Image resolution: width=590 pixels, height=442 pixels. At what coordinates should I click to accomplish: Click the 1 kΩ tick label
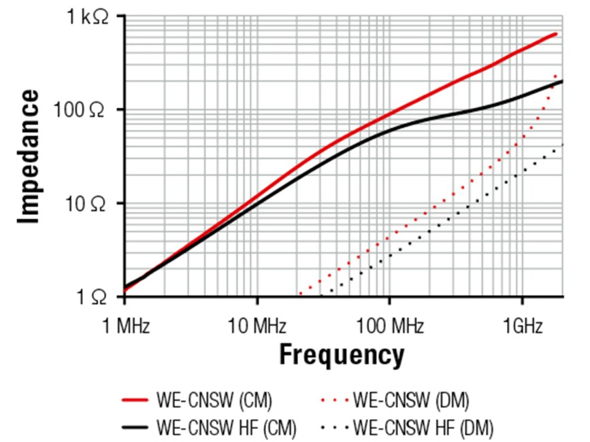click(x=88, y=17)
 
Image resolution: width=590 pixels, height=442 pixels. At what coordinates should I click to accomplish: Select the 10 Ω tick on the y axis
click(x=89, y=204)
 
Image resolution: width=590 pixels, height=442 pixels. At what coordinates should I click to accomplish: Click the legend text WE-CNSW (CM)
click(x=214, y=401)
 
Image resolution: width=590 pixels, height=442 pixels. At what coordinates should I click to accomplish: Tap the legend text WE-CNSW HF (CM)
click(x=224, y=429)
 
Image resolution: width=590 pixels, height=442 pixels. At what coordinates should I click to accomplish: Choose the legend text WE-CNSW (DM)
click(x=411, y=401)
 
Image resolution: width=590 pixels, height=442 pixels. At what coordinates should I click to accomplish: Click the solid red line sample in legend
click(x=135, y=401)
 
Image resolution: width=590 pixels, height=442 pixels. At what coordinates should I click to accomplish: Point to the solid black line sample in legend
click(x=135, y=429)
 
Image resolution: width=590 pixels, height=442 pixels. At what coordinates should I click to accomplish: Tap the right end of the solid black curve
click(x=562, y=82)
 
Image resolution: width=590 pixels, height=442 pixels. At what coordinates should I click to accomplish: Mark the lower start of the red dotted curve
click(x=300, y=294)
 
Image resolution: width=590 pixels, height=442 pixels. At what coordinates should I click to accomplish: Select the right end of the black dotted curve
click(x=562, y=145)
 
